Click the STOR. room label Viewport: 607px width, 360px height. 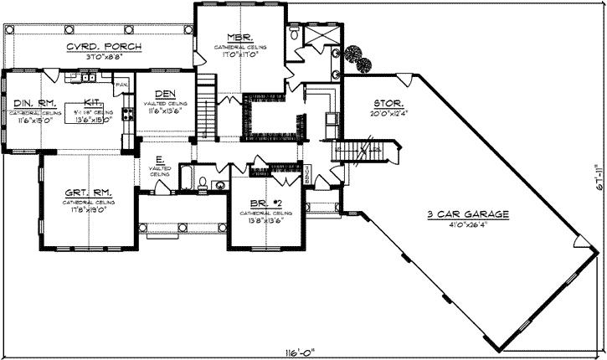click(x=388, y=105)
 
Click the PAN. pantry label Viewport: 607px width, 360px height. click(x=121, y=85)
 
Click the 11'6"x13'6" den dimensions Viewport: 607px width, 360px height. click(x=165, y=110)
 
